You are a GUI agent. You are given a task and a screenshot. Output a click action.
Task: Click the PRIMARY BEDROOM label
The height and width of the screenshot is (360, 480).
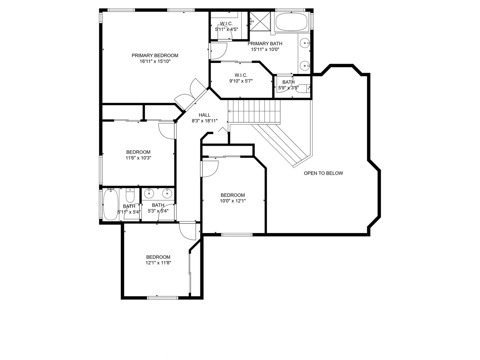155,55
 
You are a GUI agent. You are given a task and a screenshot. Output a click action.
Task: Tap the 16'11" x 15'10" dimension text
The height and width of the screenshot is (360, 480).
155,61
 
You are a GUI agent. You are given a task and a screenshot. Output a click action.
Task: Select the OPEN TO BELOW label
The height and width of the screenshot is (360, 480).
323,173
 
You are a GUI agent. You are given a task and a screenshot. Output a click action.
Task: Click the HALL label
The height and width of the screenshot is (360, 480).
204,115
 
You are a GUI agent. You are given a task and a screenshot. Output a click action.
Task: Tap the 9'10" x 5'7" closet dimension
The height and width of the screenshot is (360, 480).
241,81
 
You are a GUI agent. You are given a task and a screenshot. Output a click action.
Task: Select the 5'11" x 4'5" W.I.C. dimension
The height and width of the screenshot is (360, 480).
226,29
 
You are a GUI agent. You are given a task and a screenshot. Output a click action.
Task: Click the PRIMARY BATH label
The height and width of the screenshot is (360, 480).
265,43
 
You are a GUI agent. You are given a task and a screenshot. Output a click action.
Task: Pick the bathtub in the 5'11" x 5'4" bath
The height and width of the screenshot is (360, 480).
110,204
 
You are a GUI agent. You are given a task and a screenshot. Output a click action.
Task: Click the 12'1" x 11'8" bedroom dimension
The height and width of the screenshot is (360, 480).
158,263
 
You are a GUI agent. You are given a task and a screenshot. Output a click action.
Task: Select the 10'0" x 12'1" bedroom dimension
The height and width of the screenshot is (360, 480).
233,201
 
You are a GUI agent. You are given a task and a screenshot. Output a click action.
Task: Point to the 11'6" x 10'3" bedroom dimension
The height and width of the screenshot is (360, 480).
138,158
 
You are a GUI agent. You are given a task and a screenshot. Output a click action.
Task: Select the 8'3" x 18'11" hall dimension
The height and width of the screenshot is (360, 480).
204,121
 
